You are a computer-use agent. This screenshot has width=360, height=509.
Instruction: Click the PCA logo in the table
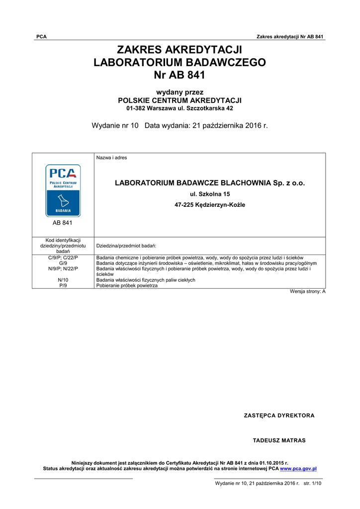coord(63,190)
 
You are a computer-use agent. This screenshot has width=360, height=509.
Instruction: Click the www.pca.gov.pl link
coord(298,469)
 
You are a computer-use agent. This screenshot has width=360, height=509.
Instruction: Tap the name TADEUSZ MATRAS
coord(279,440)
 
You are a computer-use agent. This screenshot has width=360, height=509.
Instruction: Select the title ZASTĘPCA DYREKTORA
coord(279,416)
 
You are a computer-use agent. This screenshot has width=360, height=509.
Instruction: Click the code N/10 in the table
coord(63,280)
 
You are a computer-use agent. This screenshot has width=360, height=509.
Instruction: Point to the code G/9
coord(63,263)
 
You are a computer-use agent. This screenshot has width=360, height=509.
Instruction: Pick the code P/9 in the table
coord(63,286)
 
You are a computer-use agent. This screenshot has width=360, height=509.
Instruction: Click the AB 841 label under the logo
coord(63,223)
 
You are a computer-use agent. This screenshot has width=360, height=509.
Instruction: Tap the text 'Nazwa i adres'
coord(111,158)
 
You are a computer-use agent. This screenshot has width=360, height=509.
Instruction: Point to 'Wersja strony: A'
coord(307,292)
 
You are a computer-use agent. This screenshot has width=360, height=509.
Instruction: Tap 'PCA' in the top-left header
coord(42,37)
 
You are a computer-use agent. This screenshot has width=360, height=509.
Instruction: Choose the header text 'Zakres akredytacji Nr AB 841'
coord(290,37)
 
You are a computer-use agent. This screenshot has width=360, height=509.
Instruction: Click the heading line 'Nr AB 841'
coord(180,76)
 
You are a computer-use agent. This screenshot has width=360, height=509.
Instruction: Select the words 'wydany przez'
coord(180,92)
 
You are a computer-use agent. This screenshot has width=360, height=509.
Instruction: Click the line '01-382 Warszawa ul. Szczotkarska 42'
coord(180,108)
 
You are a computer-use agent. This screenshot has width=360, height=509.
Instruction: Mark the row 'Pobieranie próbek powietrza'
coord(127,286)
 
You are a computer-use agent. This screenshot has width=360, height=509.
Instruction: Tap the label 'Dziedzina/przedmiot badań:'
coord(126,246)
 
